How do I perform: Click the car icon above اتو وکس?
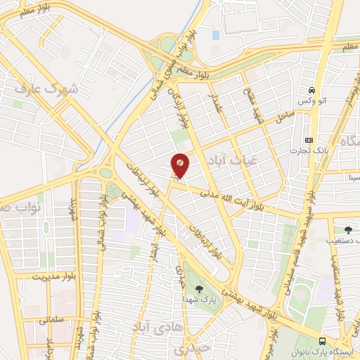coord(311,91)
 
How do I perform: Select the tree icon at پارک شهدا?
coord(199,288)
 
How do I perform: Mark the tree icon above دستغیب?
coord(348,229)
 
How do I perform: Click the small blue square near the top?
coord(216,34)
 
